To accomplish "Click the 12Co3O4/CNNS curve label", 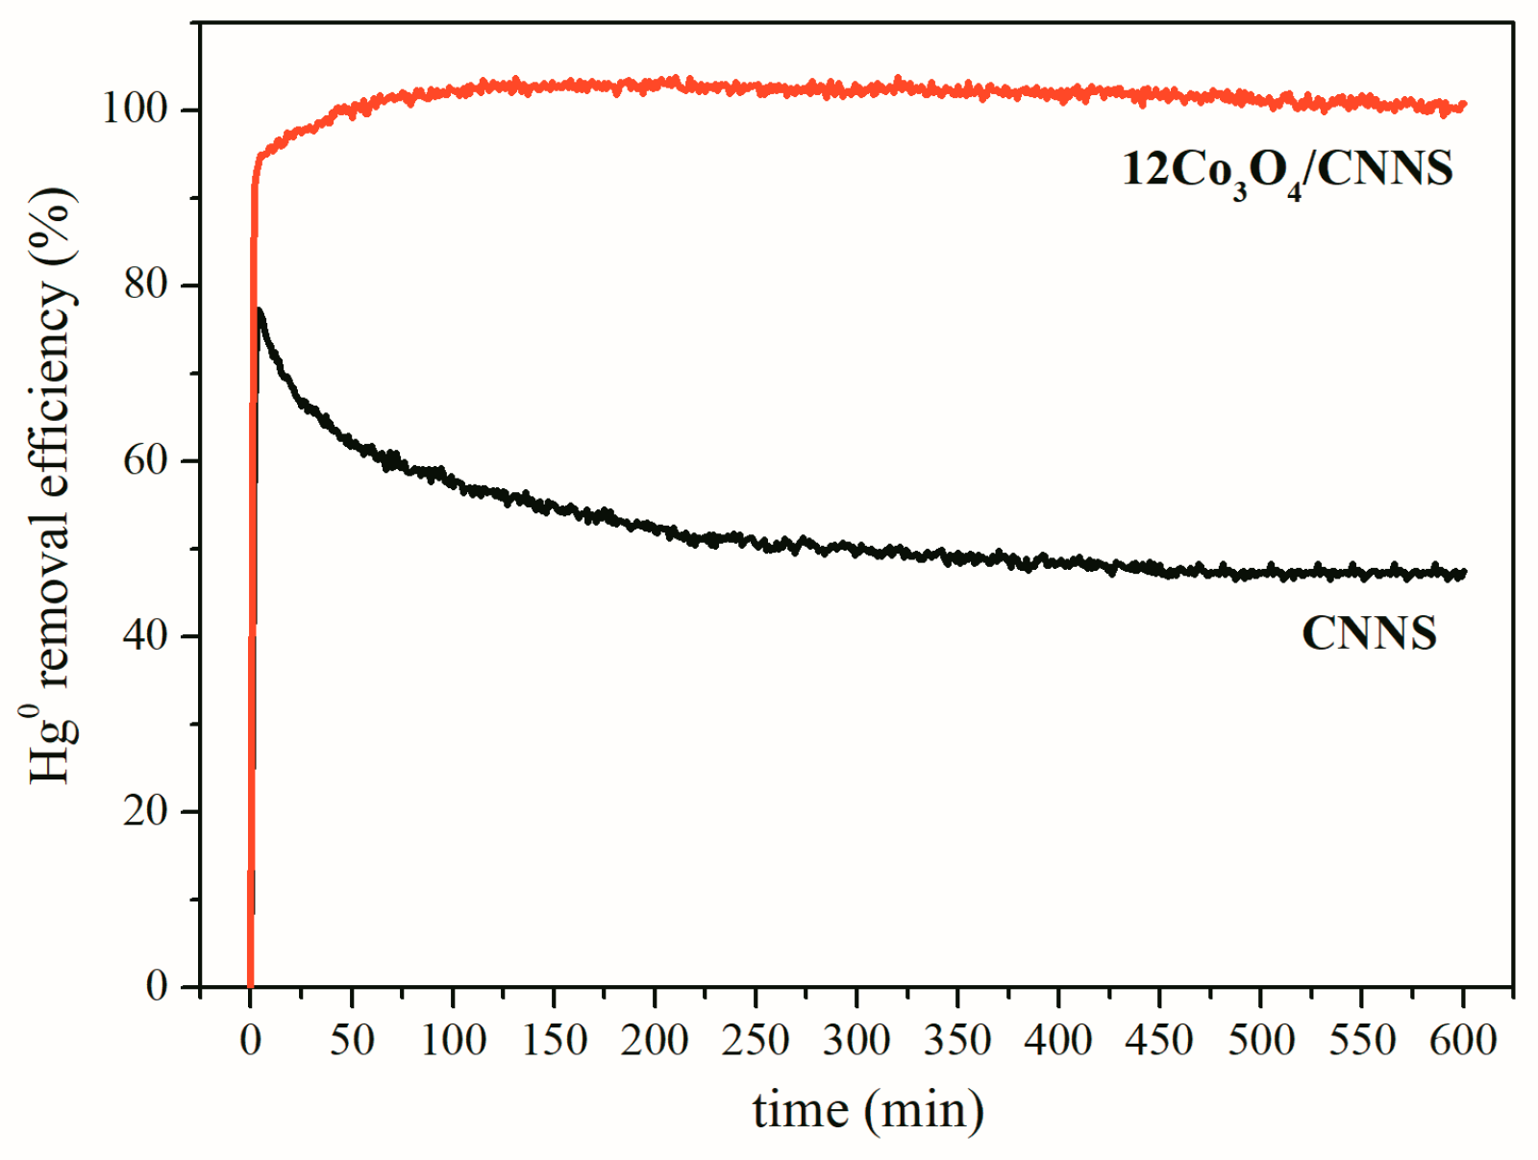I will coord(1287,170).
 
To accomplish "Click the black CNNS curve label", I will coord(1369,633).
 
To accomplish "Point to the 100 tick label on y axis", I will coord(136,110).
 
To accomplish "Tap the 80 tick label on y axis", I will coord(146,284).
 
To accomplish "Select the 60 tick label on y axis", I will coord(146,460).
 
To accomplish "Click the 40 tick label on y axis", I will coord(146,635).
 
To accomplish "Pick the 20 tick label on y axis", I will coord(146,811).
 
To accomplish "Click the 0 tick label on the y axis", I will coord(157,986).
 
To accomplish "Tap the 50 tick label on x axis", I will coord(352,1040).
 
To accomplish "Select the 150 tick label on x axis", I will coord(554,1040).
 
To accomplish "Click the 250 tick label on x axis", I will coord(756,1040).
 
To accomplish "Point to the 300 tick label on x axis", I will coord(856,1040).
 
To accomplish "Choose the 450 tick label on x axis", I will coord(1160,1040).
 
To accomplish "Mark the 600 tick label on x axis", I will coord(1463,1040).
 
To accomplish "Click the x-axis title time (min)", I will coord(868,1110).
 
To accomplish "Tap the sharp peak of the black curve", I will coord(260,311).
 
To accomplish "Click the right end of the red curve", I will coord(1463,106).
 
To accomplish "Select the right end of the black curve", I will coord(1463,574).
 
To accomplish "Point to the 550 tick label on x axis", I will coord(1362,1040).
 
